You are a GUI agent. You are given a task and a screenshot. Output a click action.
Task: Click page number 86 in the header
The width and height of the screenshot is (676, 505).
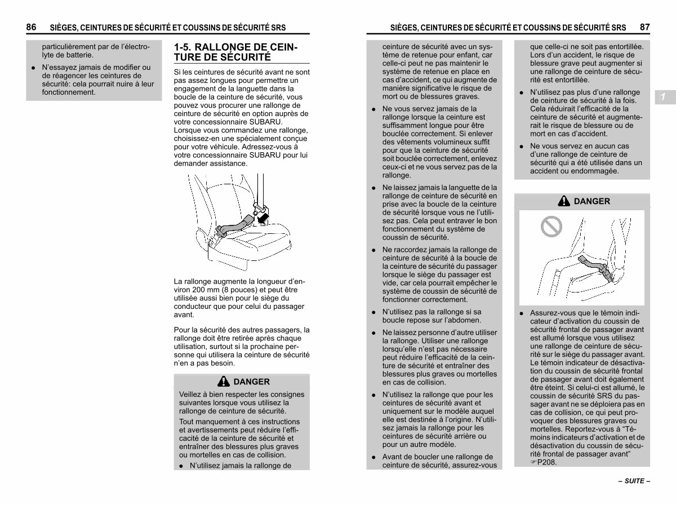pos(31,27)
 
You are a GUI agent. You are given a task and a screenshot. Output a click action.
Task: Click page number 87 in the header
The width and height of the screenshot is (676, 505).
pos(644,27)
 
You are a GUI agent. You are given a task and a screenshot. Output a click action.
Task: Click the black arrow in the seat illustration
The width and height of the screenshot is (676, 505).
pos(263,219)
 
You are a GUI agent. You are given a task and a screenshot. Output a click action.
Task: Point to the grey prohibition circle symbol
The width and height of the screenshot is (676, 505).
pos(552,227)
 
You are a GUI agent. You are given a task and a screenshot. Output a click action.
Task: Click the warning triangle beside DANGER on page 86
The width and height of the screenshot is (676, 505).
pos(223,382)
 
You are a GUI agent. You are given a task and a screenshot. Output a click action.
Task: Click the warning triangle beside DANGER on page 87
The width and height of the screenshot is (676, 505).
pos(563,201)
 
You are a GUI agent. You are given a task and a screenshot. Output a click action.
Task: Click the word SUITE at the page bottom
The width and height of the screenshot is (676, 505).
pos(634,481)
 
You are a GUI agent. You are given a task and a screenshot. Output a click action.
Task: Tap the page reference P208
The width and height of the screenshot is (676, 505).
pos(546,462)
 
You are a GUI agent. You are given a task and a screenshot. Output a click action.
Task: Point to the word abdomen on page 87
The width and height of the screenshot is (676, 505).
pos(465,320)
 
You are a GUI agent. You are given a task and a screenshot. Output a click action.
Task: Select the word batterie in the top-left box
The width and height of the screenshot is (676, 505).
pos(79,55)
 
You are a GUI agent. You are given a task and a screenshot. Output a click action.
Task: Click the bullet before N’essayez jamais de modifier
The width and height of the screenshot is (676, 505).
pos(33,68)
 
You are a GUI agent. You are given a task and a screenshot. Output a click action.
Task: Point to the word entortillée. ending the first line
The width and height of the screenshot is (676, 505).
pos(627,47)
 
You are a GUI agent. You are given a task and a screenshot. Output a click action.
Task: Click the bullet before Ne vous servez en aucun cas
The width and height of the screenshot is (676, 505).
pos(522,147)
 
